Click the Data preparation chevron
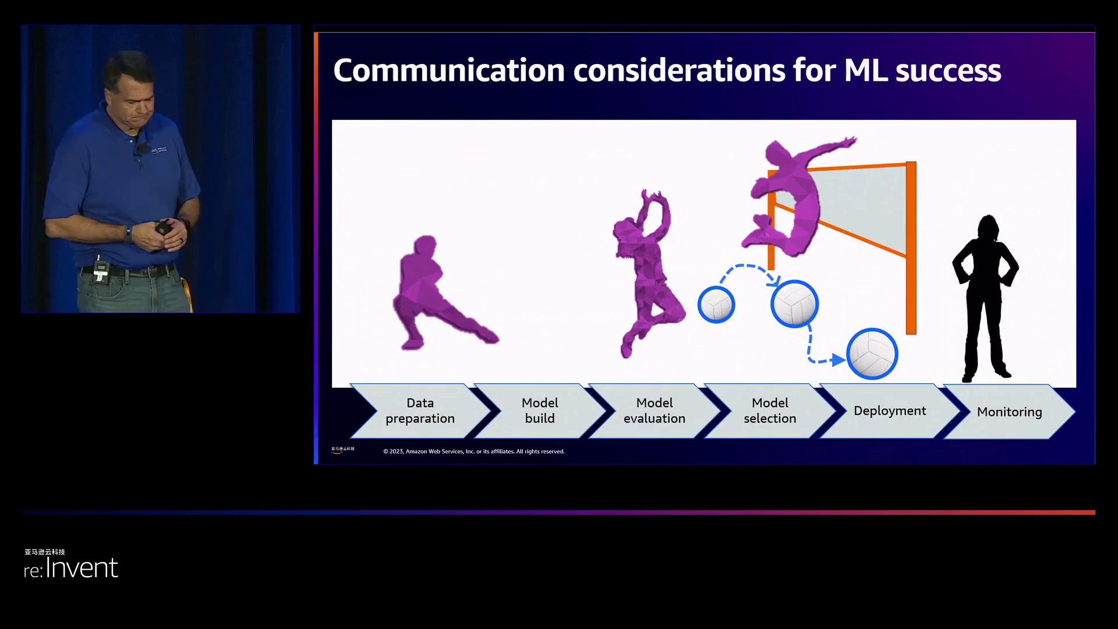[x=420, y=411]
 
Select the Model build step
[x=540, y=411]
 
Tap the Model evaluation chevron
[x=654, y=411]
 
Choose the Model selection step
[x=770, y=411]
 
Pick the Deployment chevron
[x=890, y=411]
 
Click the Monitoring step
[x=1009, y=411]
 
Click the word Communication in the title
[x=449, y=70]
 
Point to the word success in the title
[x=948, y=71]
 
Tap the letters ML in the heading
[x=865, y=70]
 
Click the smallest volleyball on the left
[x=716, y=305]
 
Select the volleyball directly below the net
[x=795, y=303]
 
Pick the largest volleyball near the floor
[x=872, y=354]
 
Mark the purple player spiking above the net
[x=792, y=198]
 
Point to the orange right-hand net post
[x=911, y=248]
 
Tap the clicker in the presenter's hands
[x=162, y=227]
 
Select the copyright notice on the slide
[x=474, y=451]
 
